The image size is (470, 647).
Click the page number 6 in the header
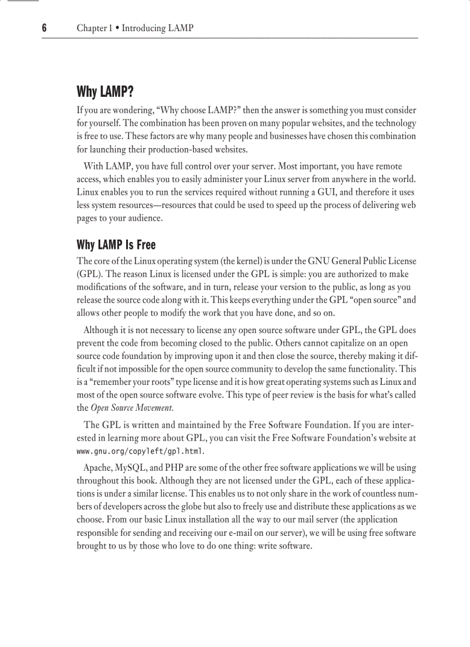point(44,28)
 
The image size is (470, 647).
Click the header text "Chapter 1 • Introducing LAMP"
point(135,28)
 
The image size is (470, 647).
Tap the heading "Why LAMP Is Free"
point(116,245)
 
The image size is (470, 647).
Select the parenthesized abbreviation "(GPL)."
point(90,274)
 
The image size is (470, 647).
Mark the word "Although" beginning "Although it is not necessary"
point(100,330)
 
